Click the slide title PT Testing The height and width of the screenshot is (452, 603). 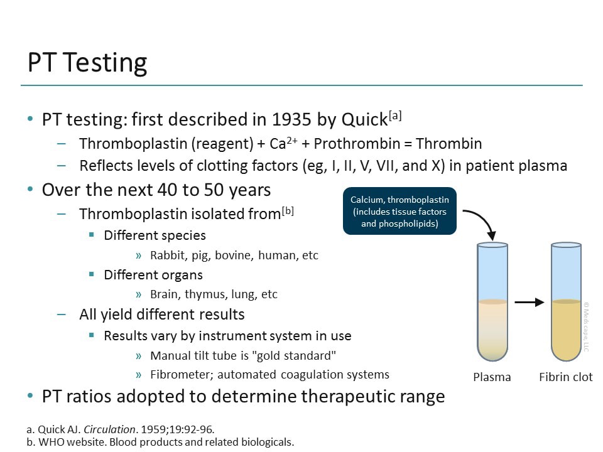point(87,63)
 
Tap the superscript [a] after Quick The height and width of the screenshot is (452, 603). point(395,115)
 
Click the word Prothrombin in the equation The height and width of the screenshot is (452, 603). point(354,144)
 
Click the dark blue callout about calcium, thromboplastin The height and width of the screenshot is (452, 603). point(399,212)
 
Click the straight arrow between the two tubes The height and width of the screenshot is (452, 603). point(529,303)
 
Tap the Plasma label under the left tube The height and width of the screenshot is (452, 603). point(492,377)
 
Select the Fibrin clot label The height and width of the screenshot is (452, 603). point(565,377)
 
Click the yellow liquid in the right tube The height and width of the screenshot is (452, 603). point(566,330)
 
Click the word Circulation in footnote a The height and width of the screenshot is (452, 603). point(110,430)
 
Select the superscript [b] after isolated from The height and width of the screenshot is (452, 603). point(288,210)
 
